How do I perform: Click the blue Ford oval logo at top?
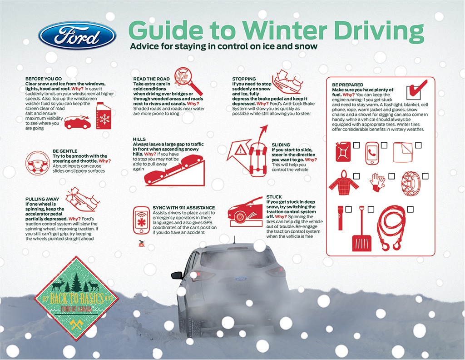(77, 35)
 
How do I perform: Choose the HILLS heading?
(139, 139)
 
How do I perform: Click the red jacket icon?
(344, 183)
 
